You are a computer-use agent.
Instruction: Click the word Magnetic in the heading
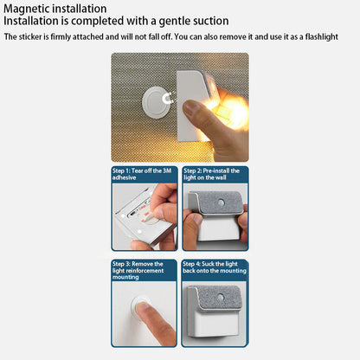coord(26,10)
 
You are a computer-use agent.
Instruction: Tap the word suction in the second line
coord(208,21)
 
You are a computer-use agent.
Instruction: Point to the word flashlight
coord(322,37)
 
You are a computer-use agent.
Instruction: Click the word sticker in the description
coord(31,37)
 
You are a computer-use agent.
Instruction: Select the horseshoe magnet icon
coord(167,99)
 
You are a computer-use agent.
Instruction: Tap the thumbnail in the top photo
coord(190,107)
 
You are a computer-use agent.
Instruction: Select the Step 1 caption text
coord(142,174)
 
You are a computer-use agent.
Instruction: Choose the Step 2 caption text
coord(211,174)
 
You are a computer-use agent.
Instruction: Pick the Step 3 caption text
coord(138,270)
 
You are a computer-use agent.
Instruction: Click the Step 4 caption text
coord(215,267)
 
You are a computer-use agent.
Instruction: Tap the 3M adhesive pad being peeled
coord(145,215)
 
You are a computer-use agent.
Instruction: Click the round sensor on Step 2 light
coord(222,201)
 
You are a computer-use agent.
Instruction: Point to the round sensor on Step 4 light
coord(221,297)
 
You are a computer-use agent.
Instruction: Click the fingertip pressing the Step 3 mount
coord(145,309)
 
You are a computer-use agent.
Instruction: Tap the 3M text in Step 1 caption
coord(167,170)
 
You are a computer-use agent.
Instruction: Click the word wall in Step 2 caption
coord(221,177)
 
